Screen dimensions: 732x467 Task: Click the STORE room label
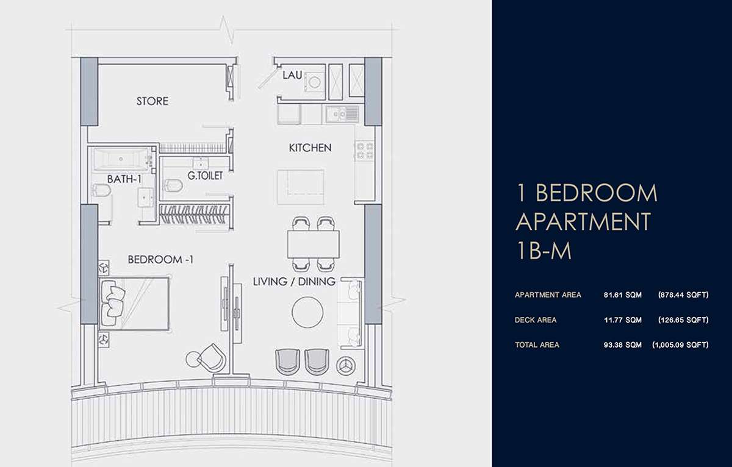152,101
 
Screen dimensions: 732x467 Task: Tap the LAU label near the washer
292,75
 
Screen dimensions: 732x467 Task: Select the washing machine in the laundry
314,82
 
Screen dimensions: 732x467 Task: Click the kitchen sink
342,114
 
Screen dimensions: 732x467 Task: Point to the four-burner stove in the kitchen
364,150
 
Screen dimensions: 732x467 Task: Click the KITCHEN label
310,148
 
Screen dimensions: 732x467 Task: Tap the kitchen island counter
301,187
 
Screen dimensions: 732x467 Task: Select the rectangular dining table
314,244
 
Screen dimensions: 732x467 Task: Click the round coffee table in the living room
307,312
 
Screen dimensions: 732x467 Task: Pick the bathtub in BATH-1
121,159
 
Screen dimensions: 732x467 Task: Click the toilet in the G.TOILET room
173,185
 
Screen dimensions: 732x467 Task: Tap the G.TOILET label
205,176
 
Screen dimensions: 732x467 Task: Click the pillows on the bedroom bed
112,304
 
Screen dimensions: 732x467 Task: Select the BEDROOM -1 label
160,260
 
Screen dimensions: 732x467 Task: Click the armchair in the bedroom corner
212,358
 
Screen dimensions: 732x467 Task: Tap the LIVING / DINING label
294,282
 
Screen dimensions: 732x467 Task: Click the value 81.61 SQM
623,295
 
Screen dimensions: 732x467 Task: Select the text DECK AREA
536,319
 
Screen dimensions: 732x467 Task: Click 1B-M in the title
544,251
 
